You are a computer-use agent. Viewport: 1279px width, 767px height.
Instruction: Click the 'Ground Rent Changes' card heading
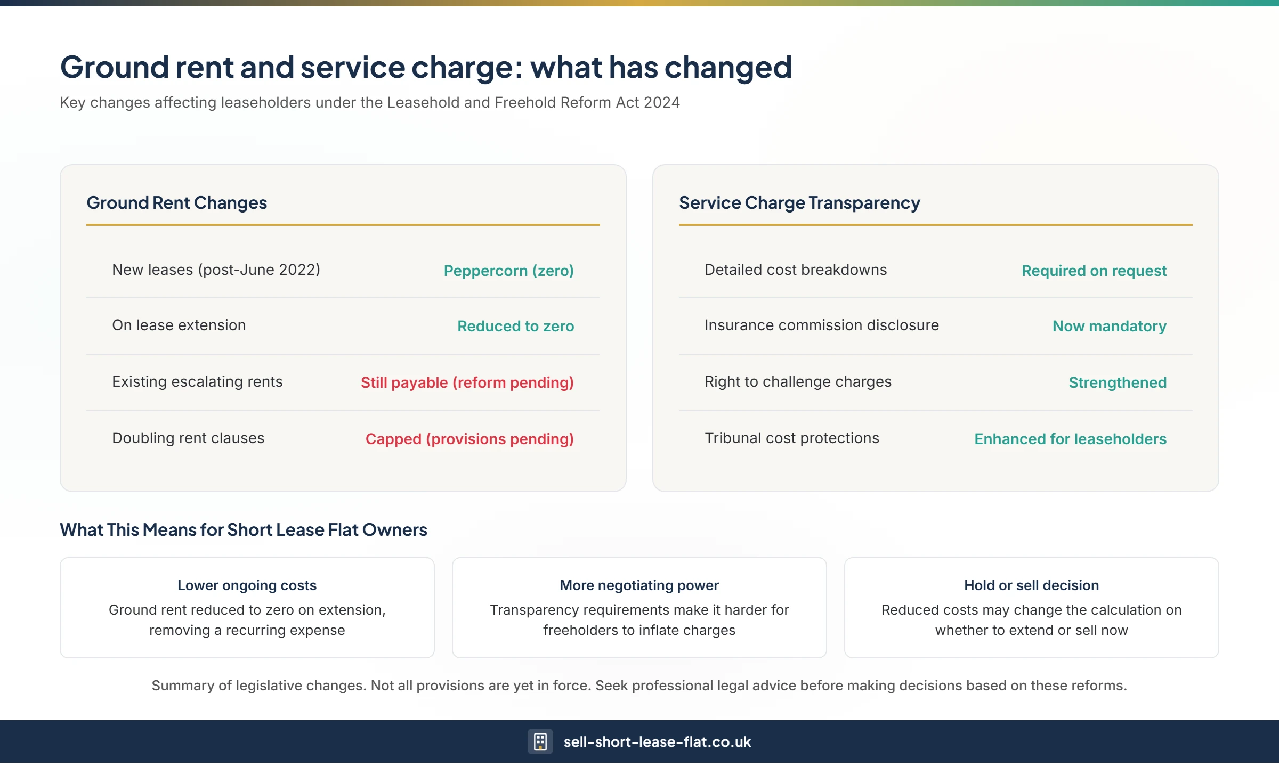[176, 203]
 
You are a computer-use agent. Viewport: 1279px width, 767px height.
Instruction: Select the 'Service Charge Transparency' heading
[799, 203]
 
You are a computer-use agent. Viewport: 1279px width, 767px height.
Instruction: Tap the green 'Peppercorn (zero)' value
[508, 271]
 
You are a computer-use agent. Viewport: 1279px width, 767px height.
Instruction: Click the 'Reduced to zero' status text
[515, 326]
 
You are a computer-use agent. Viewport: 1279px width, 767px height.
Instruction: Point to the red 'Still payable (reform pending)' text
[467, 382]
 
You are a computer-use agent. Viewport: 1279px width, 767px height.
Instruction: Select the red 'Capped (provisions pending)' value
[469, 439]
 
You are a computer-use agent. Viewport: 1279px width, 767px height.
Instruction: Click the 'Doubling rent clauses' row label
[188, 438]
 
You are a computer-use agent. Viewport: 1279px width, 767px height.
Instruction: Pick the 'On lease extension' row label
[179, 325]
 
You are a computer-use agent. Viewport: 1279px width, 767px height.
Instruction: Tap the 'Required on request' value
[1094, 271]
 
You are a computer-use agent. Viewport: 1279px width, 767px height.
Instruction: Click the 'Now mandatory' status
[1109, 326]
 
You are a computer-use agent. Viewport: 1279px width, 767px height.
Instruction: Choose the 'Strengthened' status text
[1118, 382]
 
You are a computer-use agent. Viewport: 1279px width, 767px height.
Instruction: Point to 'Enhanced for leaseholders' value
[1070, 439]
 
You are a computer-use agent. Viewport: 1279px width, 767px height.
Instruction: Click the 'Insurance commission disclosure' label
[821, 325]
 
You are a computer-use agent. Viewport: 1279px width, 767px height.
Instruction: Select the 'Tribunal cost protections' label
[791, 438]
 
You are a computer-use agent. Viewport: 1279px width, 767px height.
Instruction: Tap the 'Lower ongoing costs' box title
[247, 585]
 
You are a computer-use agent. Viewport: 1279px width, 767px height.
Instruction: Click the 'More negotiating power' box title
[639, 585]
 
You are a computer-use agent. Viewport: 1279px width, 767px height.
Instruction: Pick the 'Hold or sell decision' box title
[1031, 585]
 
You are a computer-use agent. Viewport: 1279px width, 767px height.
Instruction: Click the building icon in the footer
[540, 741]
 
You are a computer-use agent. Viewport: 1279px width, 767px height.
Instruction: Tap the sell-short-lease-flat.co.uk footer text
[657, 742]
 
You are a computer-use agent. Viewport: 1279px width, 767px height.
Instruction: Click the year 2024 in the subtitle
[661, 102]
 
